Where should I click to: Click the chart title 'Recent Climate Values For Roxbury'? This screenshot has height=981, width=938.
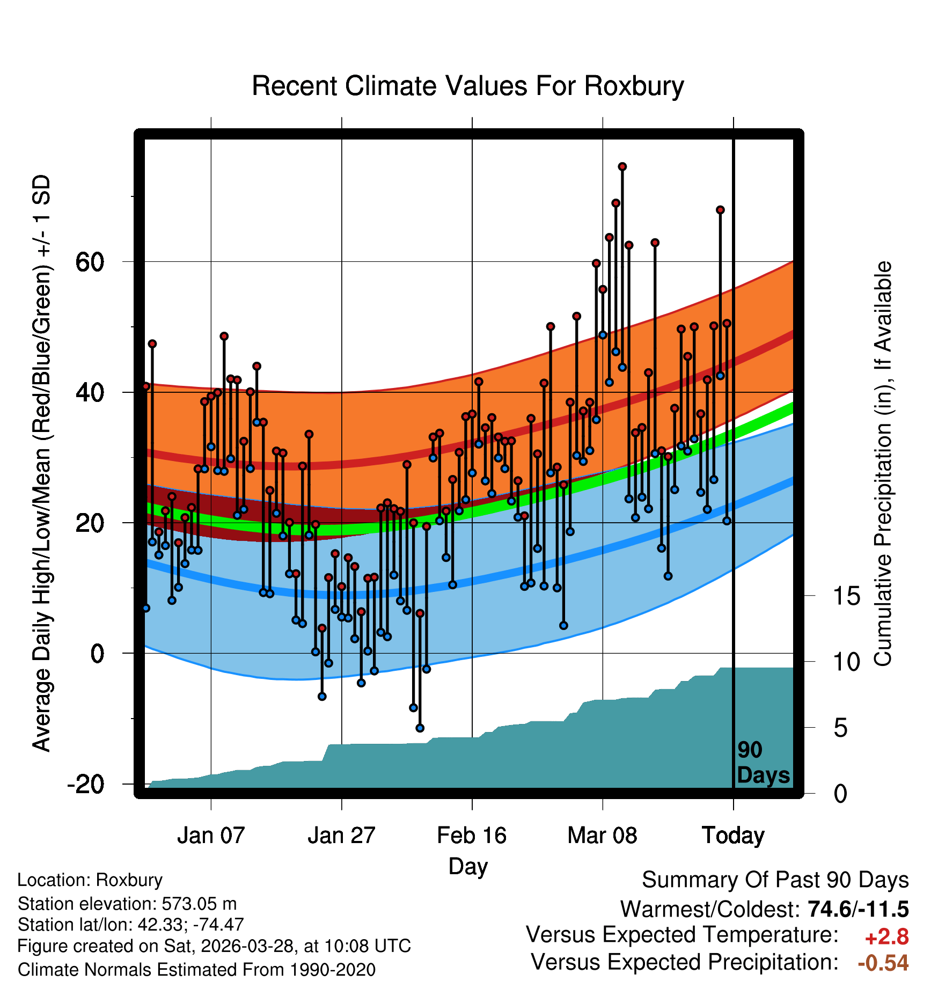tap(468, 86)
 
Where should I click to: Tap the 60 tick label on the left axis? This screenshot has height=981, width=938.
tap(90, 262)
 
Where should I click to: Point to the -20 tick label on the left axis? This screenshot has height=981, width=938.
tap(85, 784)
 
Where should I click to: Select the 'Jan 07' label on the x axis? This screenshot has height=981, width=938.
tap(211, 836)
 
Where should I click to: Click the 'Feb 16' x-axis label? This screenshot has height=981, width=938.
tap(472, 836)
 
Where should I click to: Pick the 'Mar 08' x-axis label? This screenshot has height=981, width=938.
tap(602, 836)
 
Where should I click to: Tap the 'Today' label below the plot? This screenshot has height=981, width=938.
tap(733, 836)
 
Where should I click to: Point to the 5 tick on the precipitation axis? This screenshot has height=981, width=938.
tap(840, 728)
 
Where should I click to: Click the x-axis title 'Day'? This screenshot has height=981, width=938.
tap(468, 867)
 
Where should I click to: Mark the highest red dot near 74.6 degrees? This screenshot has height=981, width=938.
tap(622, 167)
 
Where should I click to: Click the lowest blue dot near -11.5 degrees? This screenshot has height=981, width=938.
tap(420, 728)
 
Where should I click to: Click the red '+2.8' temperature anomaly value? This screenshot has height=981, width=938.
tap(886, 937)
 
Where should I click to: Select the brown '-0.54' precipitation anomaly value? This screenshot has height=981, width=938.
tap(883, 963)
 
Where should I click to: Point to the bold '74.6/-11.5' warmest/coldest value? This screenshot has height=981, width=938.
tap(858, 910)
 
